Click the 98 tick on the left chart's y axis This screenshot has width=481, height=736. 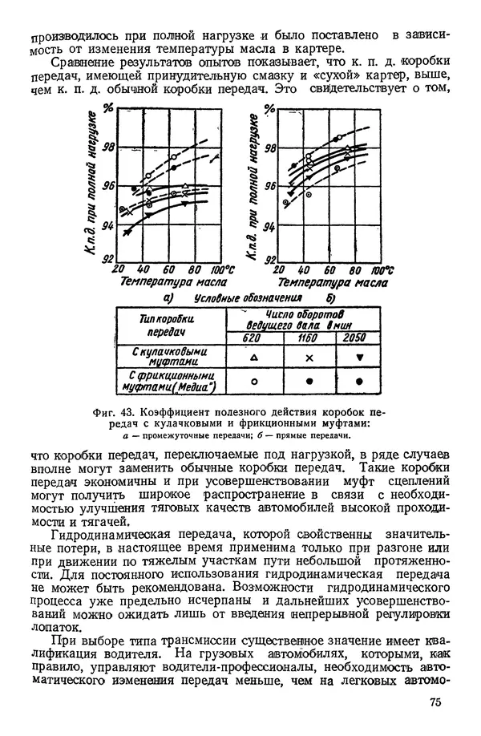(110, 146)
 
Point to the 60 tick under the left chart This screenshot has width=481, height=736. (170, 269)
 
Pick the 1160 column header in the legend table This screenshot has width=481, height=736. (308, 338)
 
